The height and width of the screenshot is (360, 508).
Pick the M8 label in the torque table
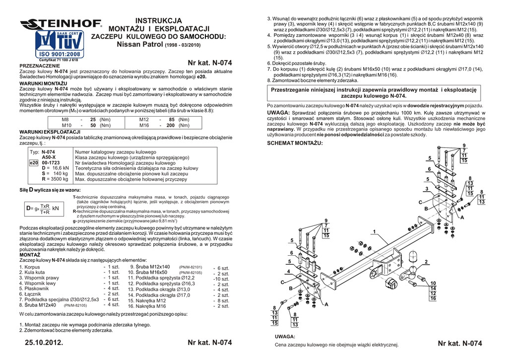pos(65,120)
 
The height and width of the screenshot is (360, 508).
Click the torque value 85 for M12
pos(171,120)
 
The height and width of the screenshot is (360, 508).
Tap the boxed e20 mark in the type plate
pos(33,162)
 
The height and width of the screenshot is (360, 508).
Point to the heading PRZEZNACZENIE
pos(39,66)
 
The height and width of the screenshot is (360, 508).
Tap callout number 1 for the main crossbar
pos(374,231)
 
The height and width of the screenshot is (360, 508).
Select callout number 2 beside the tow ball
pos(426,262)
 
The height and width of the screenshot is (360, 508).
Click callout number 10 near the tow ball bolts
pos(433,283)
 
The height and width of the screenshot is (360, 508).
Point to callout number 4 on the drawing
pos(288,272)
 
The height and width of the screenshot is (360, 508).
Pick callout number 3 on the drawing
pos(426,189)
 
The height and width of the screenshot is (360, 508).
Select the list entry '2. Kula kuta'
pos(32,272)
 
